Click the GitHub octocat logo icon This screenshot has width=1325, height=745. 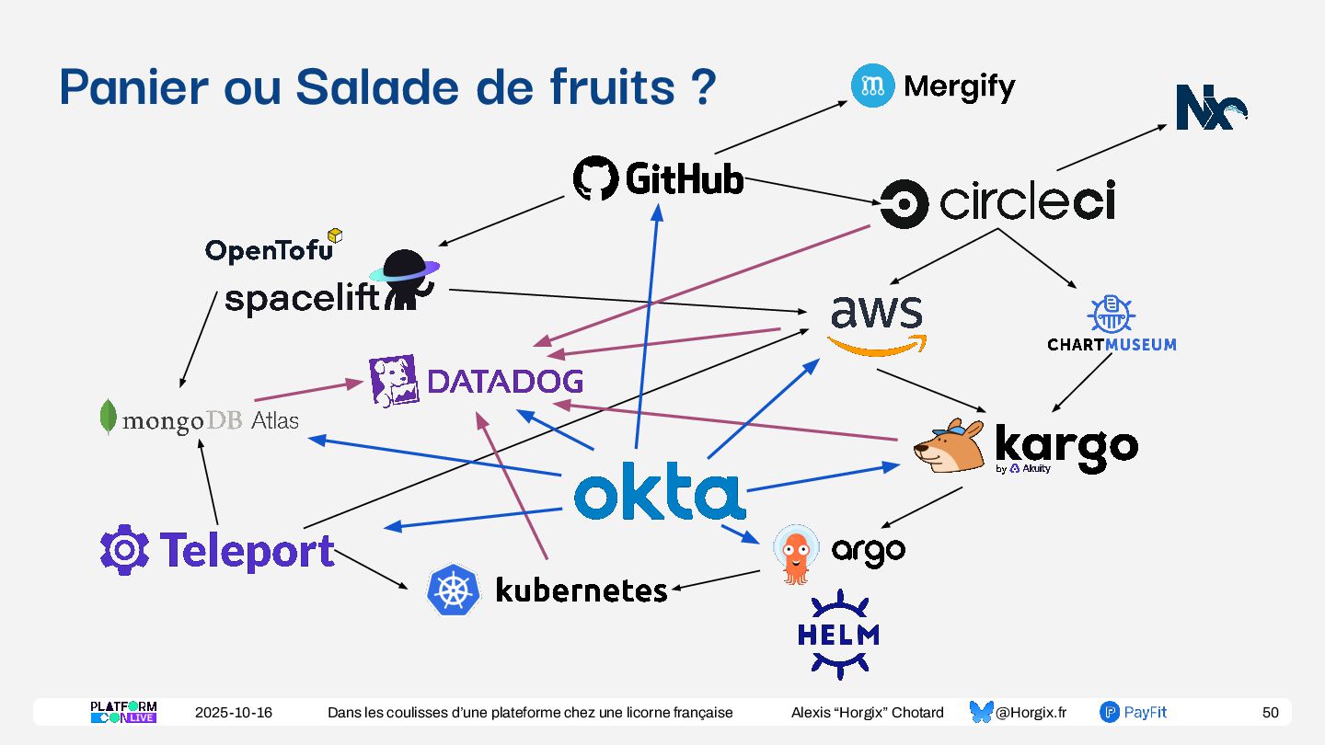[595, 178]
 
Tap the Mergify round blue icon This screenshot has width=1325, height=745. [872, 86]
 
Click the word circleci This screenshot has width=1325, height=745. [1026, 202]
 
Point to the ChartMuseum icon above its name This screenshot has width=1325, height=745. [1111, 314]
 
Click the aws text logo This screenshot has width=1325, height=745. [876, 314]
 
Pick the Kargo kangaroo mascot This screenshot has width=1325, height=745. [950, 446]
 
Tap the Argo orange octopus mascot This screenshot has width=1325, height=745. [795, 553]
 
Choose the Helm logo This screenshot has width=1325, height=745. [838, 634]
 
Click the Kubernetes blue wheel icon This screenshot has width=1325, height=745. [454, 590]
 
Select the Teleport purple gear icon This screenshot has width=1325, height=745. [124, 550]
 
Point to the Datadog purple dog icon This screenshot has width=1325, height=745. [394, 381]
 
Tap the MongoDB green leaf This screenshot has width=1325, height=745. [109, 418]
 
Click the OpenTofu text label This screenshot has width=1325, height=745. [269, 250]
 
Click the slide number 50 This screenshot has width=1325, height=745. [1270, 713]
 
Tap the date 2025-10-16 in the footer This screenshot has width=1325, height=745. [233, 713]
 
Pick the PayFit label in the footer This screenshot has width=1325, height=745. [1145, 713]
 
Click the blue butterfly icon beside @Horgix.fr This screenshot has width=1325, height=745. [982, 712]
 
